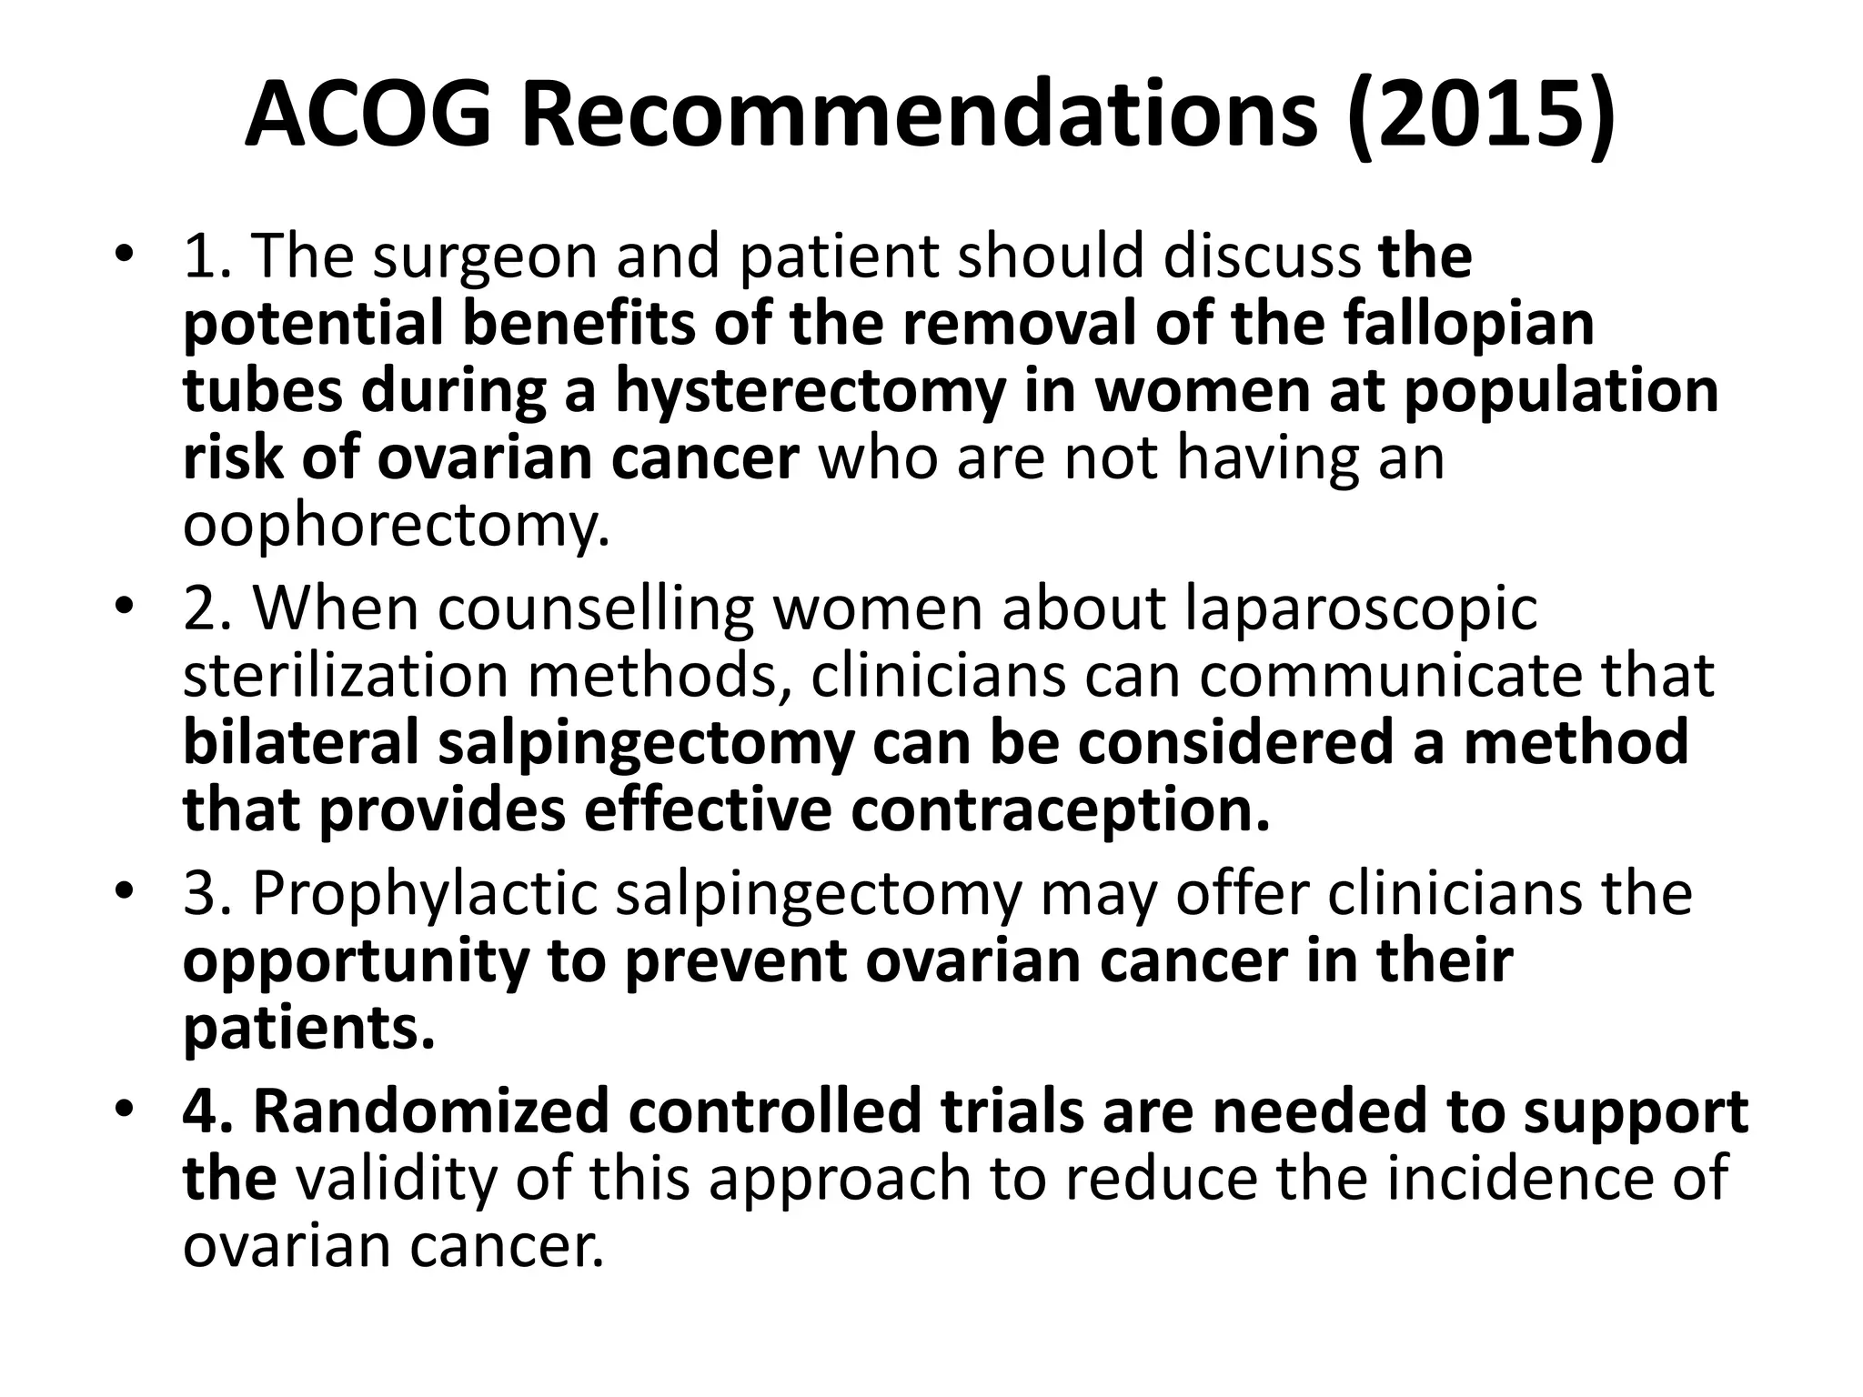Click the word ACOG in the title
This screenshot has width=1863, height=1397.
click(369, 116)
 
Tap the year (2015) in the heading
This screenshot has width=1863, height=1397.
click(1481, 116)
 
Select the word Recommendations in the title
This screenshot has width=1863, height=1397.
click(919, 116)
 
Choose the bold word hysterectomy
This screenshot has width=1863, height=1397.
click(811, 391)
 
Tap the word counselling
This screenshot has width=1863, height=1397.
click(595, 608)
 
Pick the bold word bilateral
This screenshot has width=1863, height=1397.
click(301, 742)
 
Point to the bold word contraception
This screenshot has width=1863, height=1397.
click(1060, 809)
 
